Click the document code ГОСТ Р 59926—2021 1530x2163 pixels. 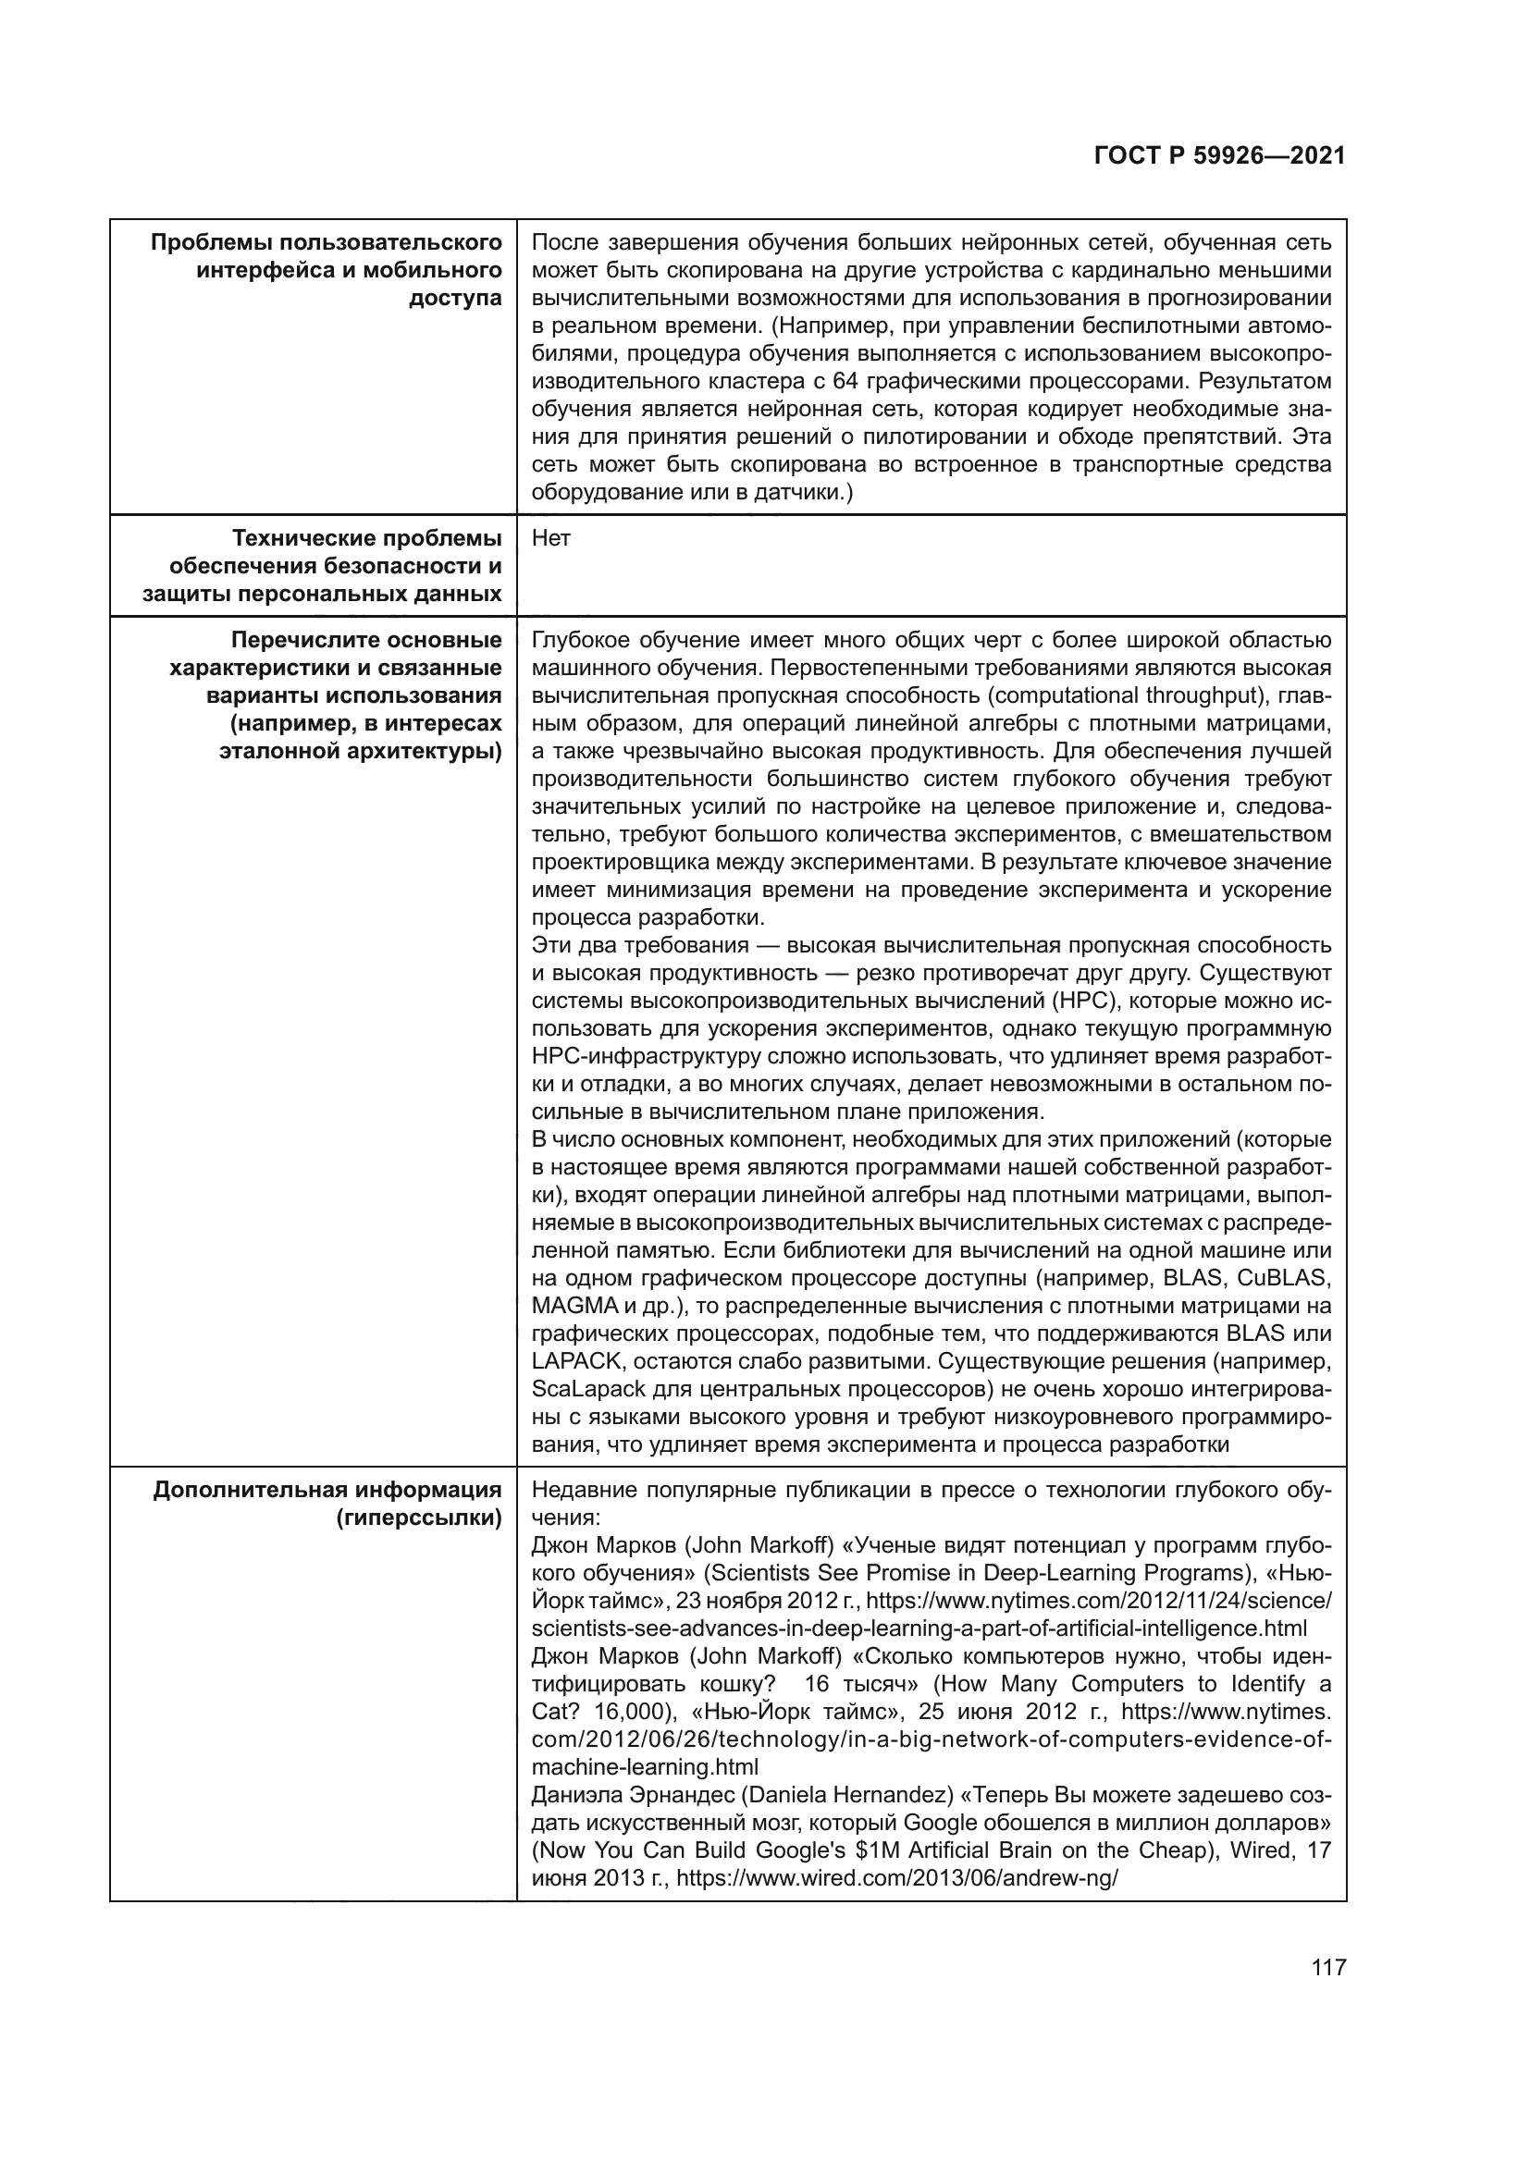pyautogui.click(x=1219, y=156)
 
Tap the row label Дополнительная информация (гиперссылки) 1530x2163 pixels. pyautogui.click(x=327, y=1504)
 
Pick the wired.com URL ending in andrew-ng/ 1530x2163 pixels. pyautogui.click(x=897, y=1877)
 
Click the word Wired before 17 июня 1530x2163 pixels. pyautogui.click(x=1259, y=1850)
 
